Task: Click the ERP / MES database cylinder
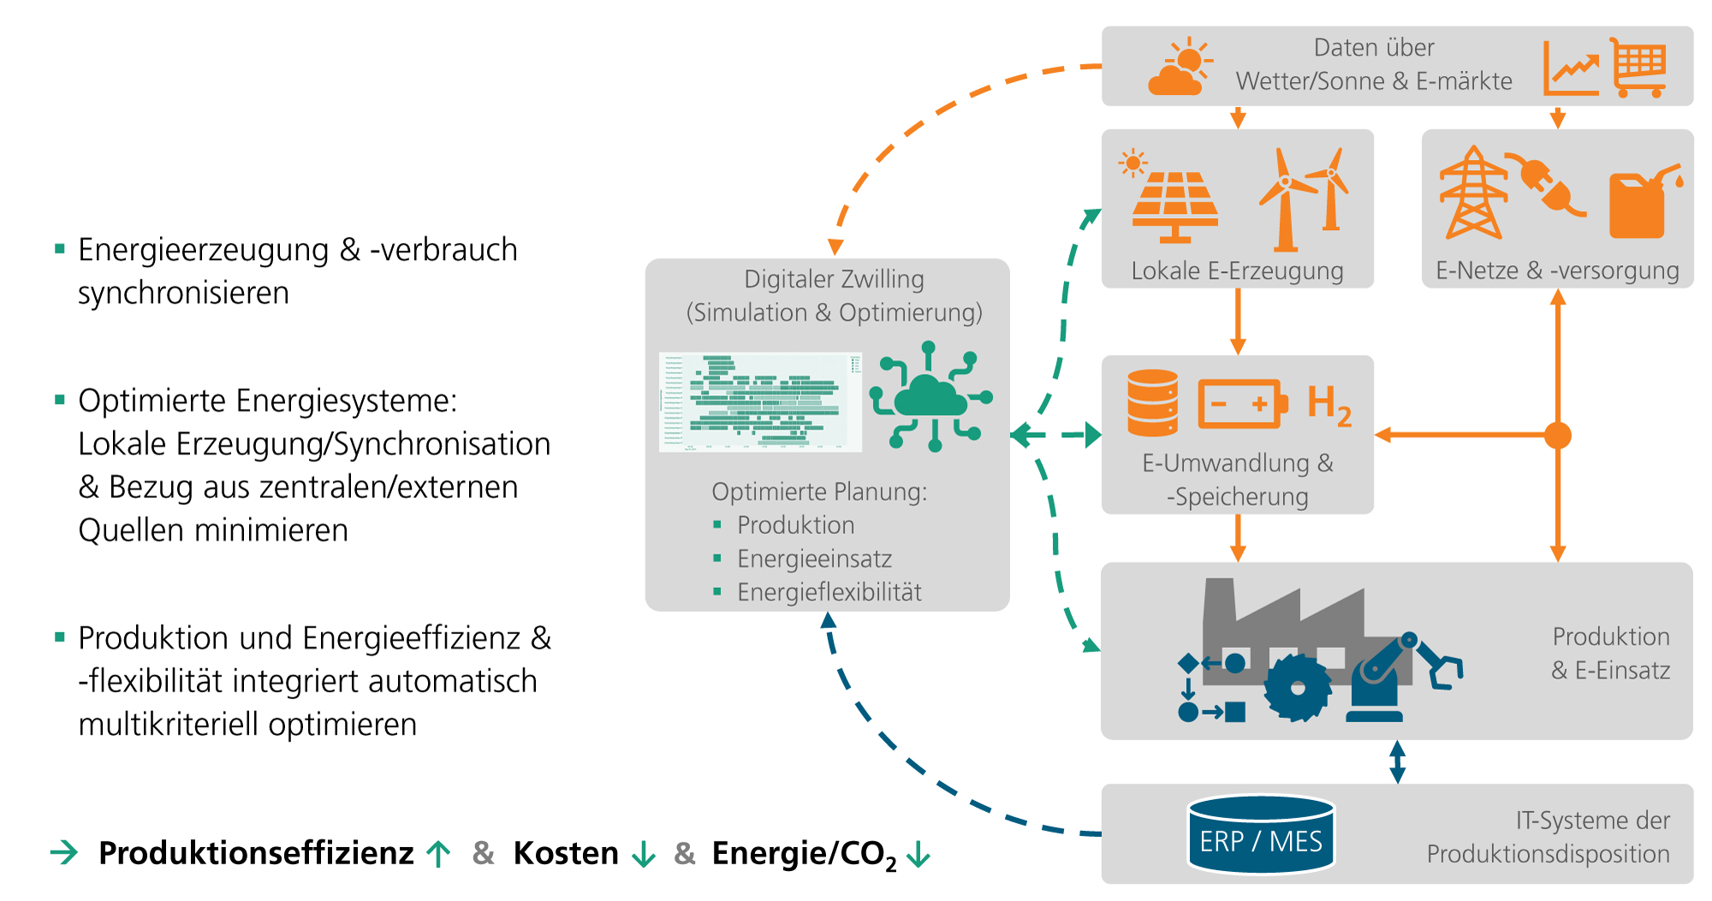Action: tap(1261, 834)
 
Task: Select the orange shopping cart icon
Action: tap(1638, 67)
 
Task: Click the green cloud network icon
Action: tap(930, 397)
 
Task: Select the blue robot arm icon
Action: tap(1395, 676)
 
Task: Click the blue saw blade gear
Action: tap(1298, 687)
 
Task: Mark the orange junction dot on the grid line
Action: tap(1558, 435)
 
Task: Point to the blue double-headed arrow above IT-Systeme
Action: tap(1397, 762)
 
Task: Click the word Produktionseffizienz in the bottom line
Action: tap(256, 853)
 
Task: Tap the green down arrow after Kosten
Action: tap(643, 854)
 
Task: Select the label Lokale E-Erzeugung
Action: tap(1237, 271)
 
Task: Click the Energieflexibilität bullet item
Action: tap(829, 592)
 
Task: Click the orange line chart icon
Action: tap(1571, 68)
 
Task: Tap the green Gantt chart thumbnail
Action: tap(760, 401)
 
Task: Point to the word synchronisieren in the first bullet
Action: tap(183, 293)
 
